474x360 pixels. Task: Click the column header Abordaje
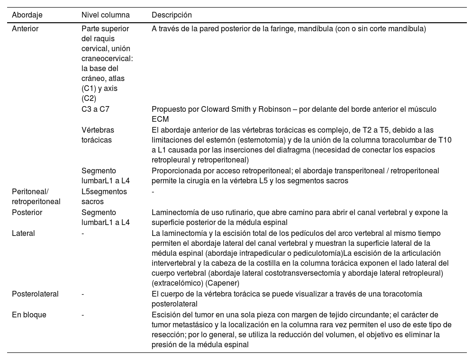(x=27, y=15)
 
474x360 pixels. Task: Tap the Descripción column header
(x=172, y=15)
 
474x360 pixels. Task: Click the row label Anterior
(x=25, y=29)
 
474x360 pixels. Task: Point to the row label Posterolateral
(x=35, y=294)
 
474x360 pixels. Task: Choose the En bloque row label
(x=29, y=315)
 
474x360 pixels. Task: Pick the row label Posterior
(x=27, y=213)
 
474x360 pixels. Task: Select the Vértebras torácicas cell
(x=98, y=135)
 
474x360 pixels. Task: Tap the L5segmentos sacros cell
(x=104, y=197)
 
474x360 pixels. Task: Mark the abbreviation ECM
(x=160, y=119)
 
